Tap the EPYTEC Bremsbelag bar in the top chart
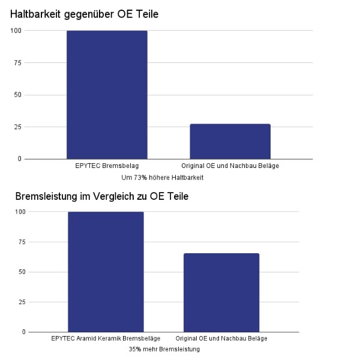107,95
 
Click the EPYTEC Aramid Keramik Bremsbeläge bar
106,271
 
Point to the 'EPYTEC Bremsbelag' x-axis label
107,166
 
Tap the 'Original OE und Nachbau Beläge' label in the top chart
230,166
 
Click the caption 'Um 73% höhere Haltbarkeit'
162,178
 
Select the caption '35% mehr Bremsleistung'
164,349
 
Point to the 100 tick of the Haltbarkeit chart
16,31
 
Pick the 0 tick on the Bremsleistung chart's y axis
24,332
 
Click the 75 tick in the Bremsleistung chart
22,242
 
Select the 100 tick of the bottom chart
20,212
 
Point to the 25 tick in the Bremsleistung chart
22,302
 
